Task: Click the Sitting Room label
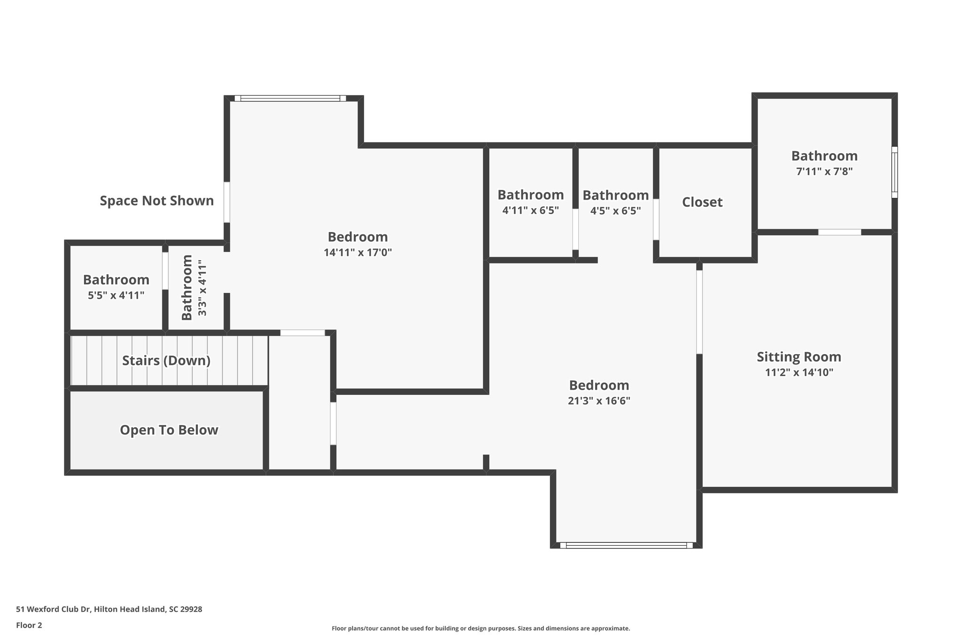(799, 357)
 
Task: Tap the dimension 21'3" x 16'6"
(599, 401)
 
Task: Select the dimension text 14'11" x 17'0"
(357, 253)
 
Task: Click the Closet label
(702, 202)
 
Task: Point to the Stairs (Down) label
(166, 361)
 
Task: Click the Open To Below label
(169, 430)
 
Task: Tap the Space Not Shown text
(156, 201)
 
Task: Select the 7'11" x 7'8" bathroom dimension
(824, 171)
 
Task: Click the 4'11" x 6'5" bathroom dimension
(530, 210)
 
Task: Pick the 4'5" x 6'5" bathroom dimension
(615, 210)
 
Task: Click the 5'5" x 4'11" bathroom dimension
(116, 295)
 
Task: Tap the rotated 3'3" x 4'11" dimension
(202, 287)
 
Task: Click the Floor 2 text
(29, 625)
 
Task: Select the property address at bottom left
(109, 609)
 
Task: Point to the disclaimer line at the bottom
(481, 628)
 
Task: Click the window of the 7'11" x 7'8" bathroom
(894, 172)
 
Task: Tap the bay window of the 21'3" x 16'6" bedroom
(626, 545)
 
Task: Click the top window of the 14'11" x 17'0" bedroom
(290, 98)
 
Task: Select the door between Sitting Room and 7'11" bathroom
(839, 232)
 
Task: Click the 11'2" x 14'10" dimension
(799, 373)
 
